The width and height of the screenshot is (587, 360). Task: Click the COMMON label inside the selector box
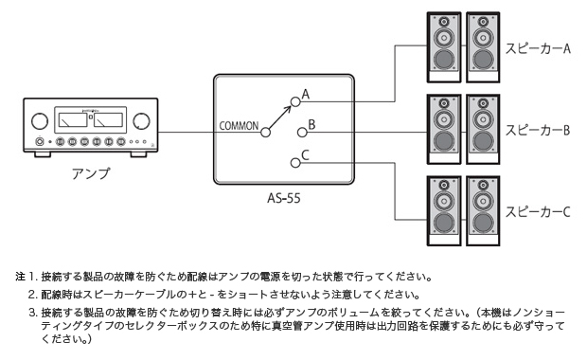tap(238, 125)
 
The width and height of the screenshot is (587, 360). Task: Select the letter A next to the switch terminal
tap(307, 94)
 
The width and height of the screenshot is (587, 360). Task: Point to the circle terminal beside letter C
tap(295, 163)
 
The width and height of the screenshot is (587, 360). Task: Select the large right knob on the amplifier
tap(142, 121)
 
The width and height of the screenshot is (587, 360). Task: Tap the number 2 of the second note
tap(32, 294)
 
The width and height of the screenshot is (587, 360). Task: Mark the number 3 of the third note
tap(32, 312)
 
